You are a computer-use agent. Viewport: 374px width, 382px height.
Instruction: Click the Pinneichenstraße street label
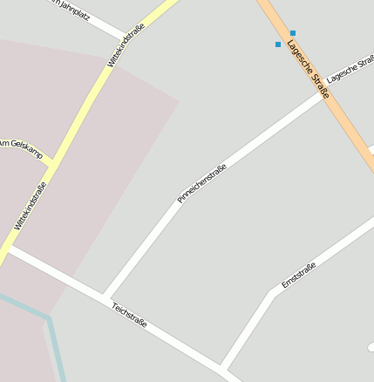coord(202,183)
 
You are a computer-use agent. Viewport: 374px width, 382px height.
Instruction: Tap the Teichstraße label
coord(129,316)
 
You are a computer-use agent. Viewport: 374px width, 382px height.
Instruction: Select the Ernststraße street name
coord(298,276)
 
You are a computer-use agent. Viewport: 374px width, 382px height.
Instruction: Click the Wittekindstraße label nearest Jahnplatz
coord(126,46)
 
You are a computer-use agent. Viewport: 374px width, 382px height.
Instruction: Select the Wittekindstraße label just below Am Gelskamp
coord(30,206)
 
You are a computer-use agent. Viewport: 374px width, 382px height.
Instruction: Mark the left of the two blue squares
coord(278,44)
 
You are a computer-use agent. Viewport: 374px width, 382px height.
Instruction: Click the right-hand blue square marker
coord(292,33)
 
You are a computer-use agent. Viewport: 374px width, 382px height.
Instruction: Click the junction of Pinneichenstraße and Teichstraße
coord(104,297)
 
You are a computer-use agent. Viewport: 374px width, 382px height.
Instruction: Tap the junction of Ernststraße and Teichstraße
coord(222,367)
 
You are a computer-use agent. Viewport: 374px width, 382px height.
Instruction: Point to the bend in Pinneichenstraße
coord(173,205)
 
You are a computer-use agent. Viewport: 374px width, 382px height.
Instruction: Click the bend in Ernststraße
coord(275,291)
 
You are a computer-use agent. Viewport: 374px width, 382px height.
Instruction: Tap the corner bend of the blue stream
coord(48,317)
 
